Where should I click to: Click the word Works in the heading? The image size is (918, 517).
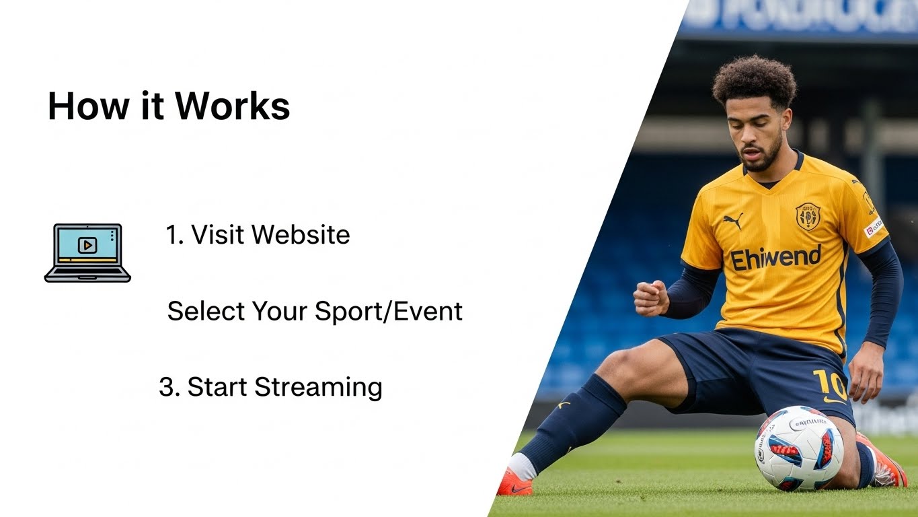[x=233, y=106]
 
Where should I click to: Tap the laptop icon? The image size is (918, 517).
[x=87, y=252]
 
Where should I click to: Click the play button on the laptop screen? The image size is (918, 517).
[x=87, y=245]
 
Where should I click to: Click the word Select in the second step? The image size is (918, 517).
[x=206, y=311]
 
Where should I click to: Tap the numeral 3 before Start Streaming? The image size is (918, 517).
[x=166, y=388]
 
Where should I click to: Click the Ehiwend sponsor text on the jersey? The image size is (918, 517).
[x=775, y=258]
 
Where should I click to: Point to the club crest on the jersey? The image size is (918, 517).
[x=807, y=216]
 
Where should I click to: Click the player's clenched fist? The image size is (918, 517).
[x=650, y=298]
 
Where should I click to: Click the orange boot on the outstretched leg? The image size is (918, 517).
[x=514, y=483]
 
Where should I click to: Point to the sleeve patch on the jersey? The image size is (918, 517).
[x=873, y=227]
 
